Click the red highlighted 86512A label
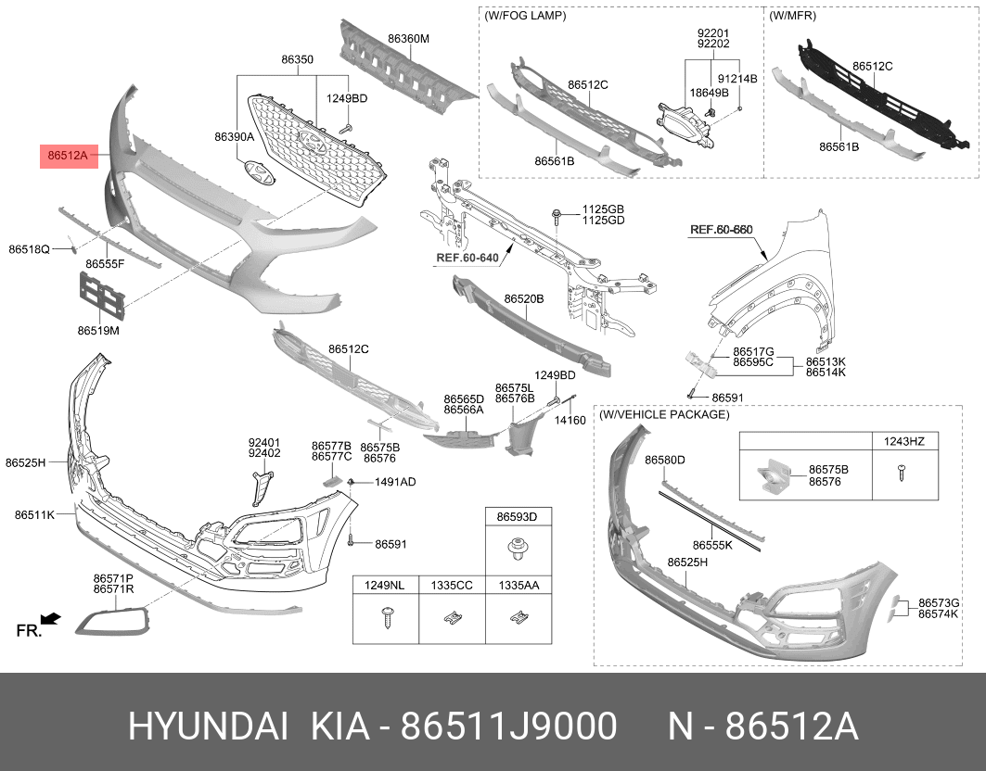[70, 156]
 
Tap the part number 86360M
[409, 39]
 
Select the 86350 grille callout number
[298, 59]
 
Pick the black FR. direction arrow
[51, 619]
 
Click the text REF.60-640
[467, 258]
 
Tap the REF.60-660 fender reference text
[722, 230]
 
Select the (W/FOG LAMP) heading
[525, 15]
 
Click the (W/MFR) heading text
[792, 15]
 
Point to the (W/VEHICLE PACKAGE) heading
[664, 415]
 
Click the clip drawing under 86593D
[518, 550]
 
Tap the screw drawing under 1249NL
[386, 618]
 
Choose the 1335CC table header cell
[452, 586]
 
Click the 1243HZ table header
[904, 441]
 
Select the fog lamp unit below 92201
[685, 125]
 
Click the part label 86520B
[524, 299]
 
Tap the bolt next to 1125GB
[557, 218]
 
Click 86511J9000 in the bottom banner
[508, 727]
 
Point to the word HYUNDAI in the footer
[209, 727]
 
